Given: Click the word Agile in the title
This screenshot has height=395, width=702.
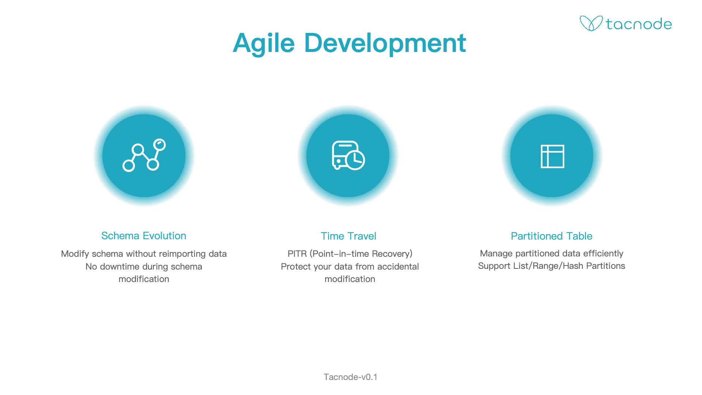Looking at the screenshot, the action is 264,44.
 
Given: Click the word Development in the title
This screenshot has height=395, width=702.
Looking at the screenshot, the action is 385,44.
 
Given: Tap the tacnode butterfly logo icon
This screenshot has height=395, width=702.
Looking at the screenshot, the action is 591,23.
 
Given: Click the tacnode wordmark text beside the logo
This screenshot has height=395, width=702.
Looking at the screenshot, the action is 639,24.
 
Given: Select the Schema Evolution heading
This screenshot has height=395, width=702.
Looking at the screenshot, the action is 144,236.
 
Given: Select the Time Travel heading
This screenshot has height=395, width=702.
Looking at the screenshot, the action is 348,236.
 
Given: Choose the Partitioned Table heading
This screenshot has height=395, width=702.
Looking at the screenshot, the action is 551,236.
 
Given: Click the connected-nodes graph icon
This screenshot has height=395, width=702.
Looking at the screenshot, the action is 144,155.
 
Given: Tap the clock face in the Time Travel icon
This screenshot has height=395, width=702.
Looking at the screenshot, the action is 355,160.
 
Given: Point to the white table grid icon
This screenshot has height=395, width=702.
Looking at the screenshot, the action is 552,156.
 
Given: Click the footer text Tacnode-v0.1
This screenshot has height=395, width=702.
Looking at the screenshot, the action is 350,377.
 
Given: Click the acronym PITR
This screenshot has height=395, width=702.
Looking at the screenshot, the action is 297,254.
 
